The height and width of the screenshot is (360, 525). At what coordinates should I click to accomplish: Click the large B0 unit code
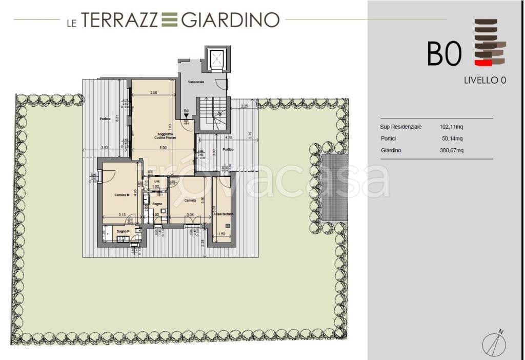coord(445,53)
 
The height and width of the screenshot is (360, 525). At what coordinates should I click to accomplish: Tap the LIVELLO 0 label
coord(485,80)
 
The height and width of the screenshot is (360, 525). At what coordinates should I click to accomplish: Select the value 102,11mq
coord(451,127)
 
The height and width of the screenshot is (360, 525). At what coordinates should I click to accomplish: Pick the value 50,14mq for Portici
coord(452,138)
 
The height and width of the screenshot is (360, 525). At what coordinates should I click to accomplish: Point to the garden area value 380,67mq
coord(451,151)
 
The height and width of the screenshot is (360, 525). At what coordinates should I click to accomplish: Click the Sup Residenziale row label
coord(400,127)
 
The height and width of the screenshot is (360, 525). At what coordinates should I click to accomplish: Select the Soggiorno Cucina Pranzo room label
coord(154,137)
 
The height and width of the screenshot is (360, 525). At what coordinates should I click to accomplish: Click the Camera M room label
coord(122,195)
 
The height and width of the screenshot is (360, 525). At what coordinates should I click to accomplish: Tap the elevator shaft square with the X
coord(217,59)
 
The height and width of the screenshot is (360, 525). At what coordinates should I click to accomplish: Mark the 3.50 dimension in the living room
coord(153,93)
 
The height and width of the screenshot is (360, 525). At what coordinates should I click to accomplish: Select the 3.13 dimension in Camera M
coord(122,215)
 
